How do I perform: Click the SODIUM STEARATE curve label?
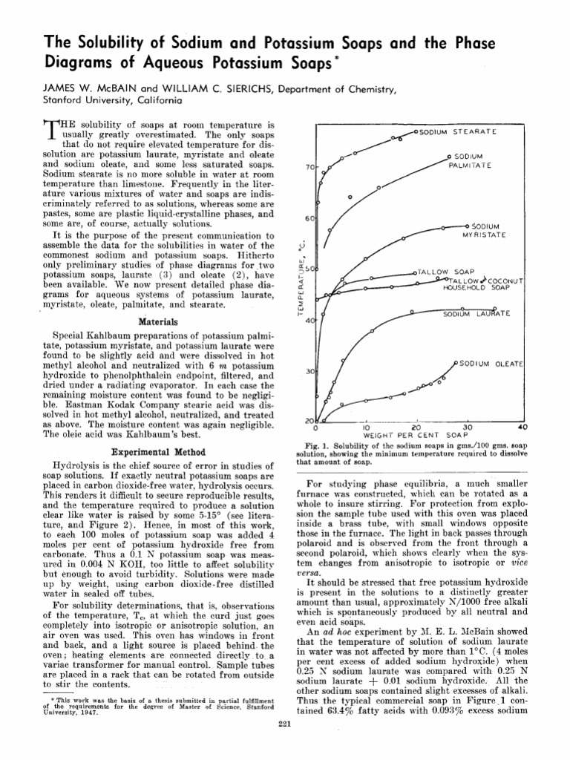pyautogui.click(x=457, y=132)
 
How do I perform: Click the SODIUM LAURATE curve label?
pyautogui.click(x=476, y=314)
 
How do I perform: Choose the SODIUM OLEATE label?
pyautogui.click(x=491, y=364)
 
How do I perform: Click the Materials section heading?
pyautogui.click(x=157, y=322)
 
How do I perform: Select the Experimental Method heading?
pyautogui.click(x=157, y=451)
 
